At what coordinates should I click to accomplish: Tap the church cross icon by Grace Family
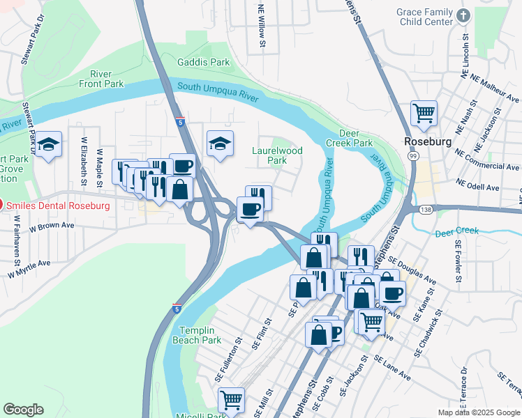tap(463, 15)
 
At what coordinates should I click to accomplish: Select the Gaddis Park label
tap(203, 62)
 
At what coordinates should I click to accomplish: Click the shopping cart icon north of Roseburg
tap(424, 112)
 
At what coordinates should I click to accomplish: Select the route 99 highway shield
tap(414, 158)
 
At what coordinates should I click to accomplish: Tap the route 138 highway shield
tap(425, 209)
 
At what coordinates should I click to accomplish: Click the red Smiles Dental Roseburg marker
tap(2, 205)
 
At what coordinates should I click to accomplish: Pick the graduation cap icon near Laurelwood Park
tap(221, 144)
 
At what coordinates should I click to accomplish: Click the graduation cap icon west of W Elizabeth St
tap(48, 144)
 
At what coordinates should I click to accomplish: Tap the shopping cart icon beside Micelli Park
tap(231, 400)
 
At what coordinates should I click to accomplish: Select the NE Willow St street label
tap(262, 28)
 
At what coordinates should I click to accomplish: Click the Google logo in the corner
tap(23, 410)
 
